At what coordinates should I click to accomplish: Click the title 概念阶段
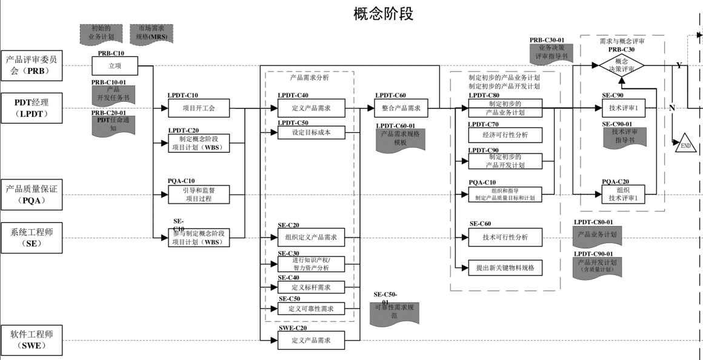384,14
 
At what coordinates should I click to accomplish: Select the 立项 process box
115,66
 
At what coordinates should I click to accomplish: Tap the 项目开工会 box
199,109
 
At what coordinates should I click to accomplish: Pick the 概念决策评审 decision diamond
621,65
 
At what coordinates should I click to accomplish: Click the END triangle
686,144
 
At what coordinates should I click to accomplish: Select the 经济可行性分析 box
505,135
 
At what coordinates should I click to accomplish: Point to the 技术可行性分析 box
505,238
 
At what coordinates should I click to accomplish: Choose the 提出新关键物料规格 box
505,267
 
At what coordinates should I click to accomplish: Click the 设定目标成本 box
311,133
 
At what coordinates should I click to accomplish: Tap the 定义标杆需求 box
311,287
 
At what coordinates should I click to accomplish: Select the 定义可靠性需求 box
311,308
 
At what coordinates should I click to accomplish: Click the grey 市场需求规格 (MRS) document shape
152,33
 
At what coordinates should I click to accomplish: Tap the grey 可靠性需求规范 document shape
394,313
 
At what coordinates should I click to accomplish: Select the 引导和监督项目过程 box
199,195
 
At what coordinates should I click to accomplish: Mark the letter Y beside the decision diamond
679,65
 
